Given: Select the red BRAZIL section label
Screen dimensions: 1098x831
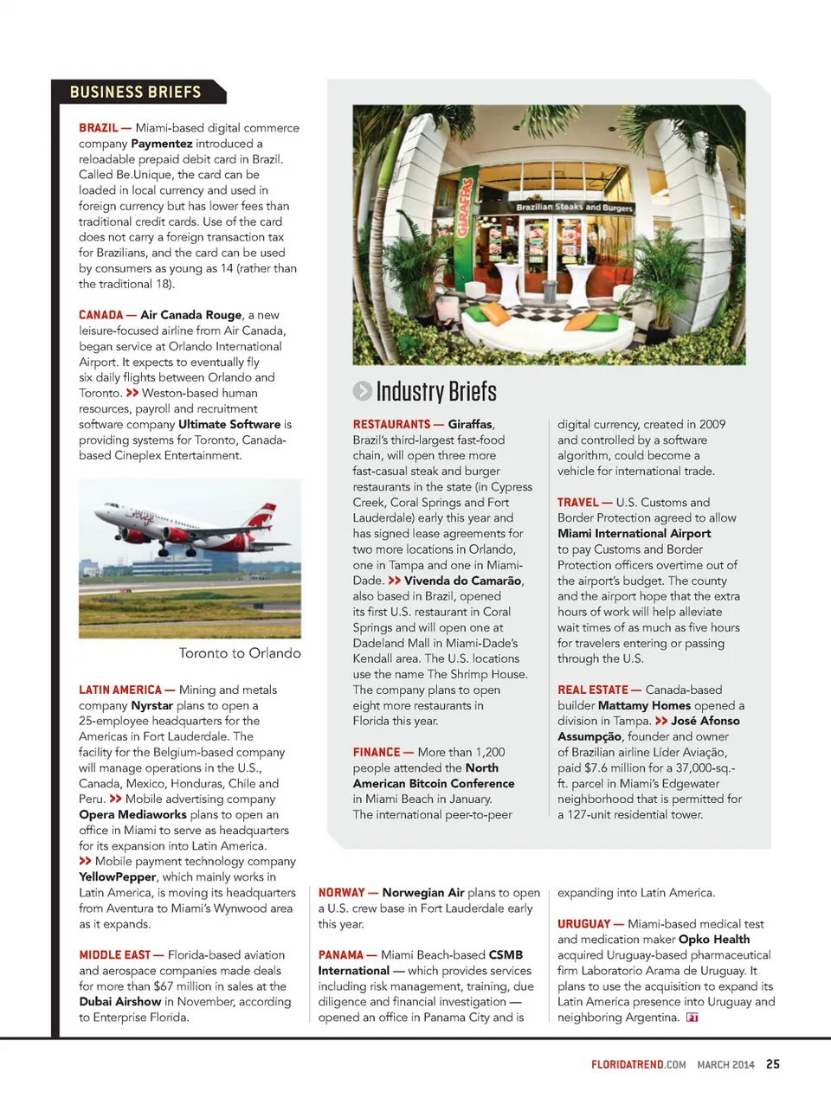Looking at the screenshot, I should [99, 128].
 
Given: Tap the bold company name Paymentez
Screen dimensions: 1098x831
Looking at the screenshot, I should [161, 144].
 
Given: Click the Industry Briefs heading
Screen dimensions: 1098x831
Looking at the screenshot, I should [436, 392].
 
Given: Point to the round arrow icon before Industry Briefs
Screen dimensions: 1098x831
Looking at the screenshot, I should [362, 391].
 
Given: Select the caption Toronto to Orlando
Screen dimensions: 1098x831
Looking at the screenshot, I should [240, 653].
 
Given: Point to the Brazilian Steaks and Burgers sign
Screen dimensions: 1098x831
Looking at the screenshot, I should [574, 208].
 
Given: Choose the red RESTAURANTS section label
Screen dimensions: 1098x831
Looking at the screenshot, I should [391, 425].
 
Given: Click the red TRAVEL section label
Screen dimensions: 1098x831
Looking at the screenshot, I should [578, 503].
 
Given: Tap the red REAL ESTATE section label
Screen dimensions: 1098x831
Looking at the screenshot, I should [593, 690].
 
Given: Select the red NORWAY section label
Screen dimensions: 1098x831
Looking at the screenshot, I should [341, 893].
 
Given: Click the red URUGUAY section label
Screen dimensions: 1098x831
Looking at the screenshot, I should [584, 924].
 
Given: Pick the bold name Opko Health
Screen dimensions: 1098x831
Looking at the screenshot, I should [714, 940].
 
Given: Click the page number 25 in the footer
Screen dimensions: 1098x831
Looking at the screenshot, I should [773, 1064].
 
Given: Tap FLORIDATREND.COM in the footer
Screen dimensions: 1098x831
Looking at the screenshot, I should [639, 1065].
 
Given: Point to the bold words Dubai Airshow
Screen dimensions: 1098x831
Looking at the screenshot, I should [119, 1002].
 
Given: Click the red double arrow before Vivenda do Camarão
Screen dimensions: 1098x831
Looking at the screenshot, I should [395, 581].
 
